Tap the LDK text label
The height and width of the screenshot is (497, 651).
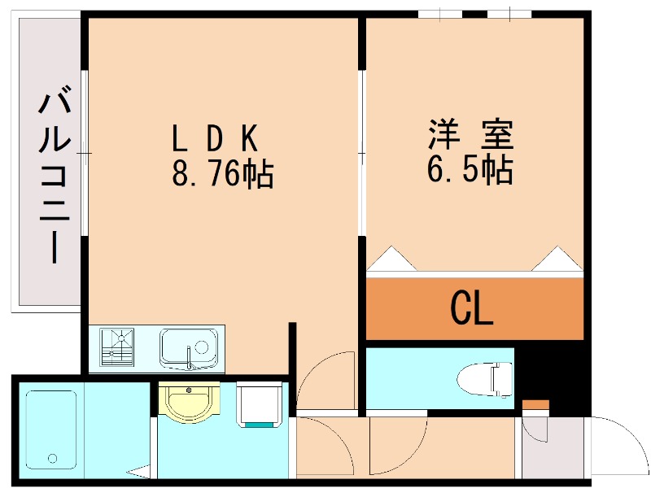215,139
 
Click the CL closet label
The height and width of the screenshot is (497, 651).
473,309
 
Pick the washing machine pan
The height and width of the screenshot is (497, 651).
260,403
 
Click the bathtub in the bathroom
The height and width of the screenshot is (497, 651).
50,429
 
